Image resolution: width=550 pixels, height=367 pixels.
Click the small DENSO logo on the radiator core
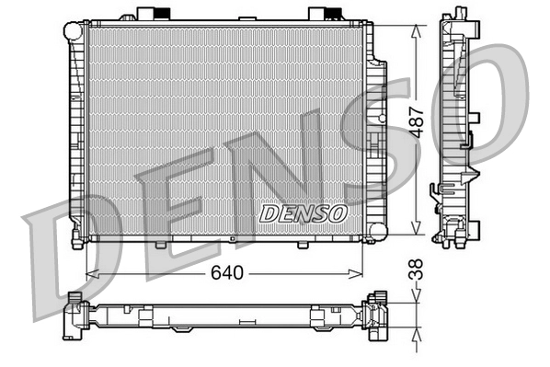(x=303, y=212)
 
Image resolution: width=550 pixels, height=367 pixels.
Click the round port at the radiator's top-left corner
(x=73, y=30)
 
